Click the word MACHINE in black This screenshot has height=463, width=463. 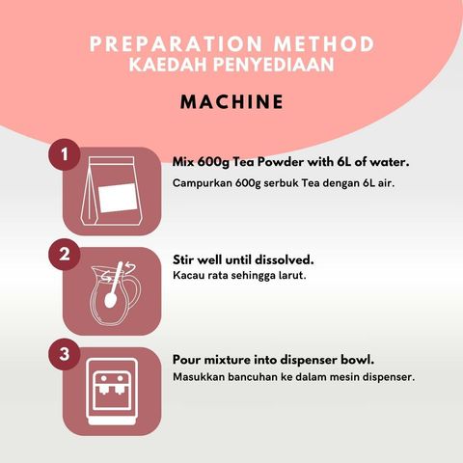231,102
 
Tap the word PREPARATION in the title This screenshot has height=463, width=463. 176,44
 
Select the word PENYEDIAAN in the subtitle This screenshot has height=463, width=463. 274,65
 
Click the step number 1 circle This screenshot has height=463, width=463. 65,154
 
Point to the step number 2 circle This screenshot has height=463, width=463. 65,254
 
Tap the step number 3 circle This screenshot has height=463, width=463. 65,354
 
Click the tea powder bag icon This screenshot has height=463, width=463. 111,191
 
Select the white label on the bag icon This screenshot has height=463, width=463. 118,198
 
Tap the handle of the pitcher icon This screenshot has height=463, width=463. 135,292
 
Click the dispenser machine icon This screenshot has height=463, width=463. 112,392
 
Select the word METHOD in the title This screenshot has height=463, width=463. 324,44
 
